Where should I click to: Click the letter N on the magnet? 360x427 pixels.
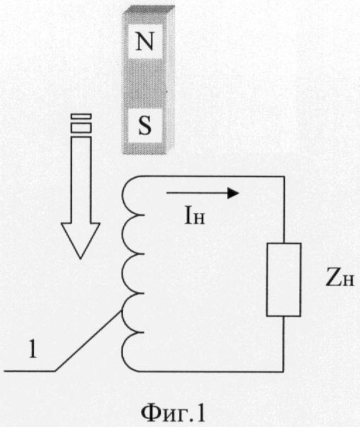point(145,42)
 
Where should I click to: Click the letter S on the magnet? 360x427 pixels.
point(145,126)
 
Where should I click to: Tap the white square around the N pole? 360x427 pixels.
point(145,42)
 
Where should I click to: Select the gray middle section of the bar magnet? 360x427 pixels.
point(145,83)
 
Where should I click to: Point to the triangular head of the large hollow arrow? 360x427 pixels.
point(80,240)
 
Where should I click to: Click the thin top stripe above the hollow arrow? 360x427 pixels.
point(81,116)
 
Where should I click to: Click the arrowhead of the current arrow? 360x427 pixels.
point(233,193)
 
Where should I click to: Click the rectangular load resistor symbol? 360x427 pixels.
point(284,279)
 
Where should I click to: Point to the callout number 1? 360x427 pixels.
point(33,349)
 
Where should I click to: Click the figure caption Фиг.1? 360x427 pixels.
point(173,412)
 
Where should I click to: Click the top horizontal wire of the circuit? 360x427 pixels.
point(212,176)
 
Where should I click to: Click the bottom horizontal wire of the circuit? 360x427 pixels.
point(211,371)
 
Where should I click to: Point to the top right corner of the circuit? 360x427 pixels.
point(284,176)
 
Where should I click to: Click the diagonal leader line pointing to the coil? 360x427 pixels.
point(88,341)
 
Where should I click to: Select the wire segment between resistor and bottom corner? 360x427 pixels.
point(284,344)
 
